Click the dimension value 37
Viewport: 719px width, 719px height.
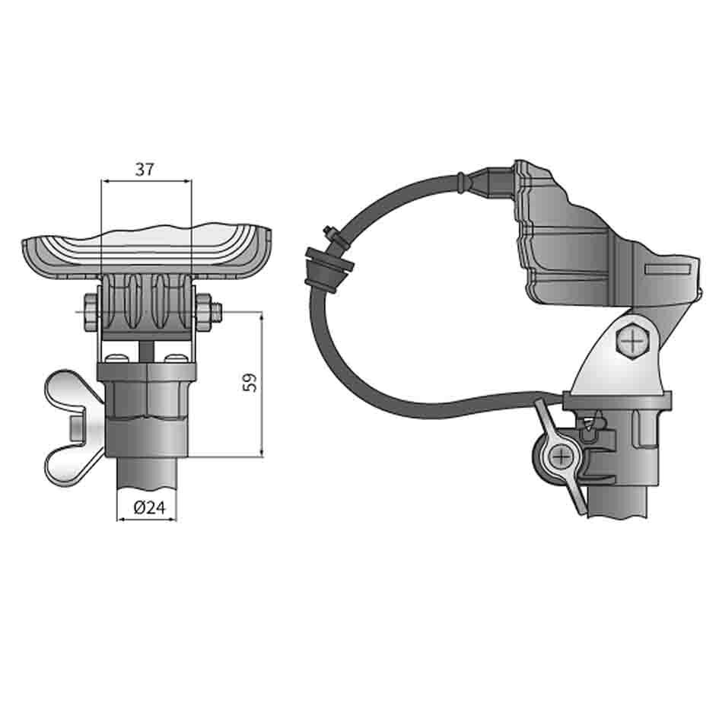(145, 169)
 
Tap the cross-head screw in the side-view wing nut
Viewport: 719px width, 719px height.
(562, 457)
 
